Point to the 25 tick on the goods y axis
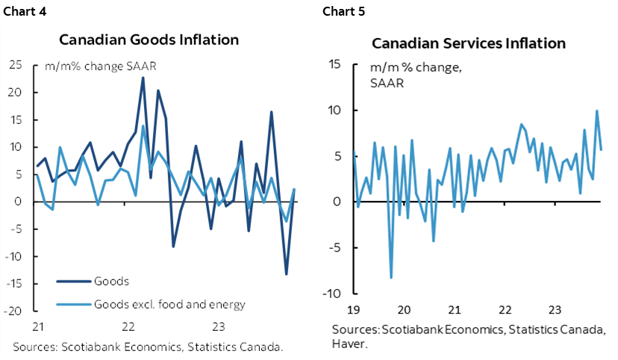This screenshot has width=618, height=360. (x=14, y=65)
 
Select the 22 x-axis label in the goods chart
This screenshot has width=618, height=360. (x=128, y=326)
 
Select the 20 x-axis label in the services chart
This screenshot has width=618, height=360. (x=404, y=308)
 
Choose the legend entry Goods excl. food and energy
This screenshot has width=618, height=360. (x=169, y=304)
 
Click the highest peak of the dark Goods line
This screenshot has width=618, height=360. (x=143, y=78)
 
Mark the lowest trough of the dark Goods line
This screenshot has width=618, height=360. (x=286, y=274)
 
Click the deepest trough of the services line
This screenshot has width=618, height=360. (x=391, y=278)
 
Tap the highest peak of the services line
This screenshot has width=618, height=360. (x=596, y=111)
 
